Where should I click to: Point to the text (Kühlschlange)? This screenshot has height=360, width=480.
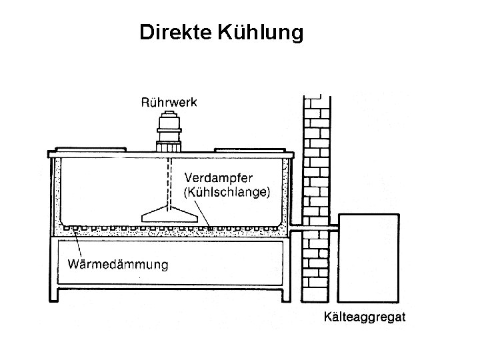coord(227,193)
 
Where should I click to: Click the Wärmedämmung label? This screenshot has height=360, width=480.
coord(118,265)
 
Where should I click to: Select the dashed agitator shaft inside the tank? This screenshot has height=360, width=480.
coord(169,180)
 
